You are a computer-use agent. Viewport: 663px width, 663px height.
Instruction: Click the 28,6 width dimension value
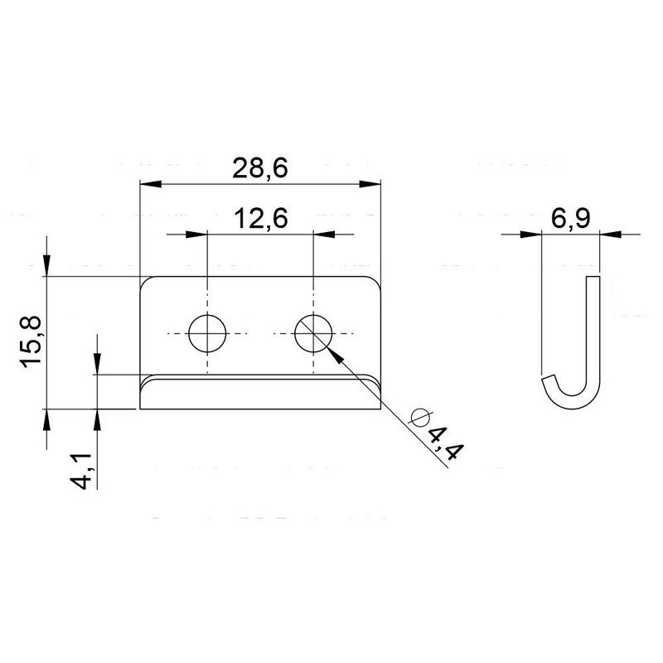[259, 168]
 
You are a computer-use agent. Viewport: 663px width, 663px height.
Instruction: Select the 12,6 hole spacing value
[260, 218]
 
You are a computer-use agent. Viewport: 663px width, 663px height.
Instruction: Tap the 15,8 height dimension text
[31, 341]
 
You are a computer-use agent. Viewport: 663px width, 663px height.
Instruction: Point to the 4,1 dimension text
[80, 471]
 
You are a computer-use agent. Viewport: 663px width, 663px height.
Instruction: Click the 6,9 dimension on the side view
[570, 218]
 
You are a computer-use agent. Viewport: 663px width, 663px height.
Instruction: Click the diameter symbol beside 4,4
[420, 418]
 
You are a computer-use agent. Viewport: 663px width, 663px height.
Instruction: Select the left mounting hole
[207, 334]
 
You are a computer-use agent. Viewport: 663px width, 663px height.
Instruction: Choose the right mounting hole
[313, 334]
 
